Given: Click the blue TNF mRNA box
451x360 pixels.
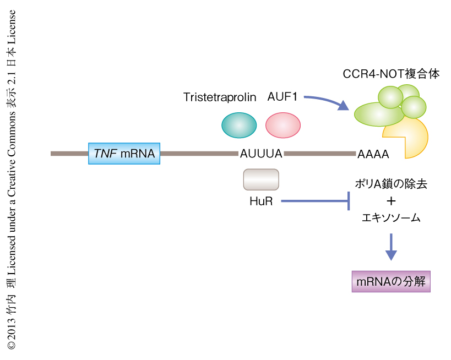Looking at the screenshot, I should (124, 153).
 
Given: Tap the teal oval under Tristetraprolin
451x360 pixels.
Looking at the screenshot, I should (238, 125).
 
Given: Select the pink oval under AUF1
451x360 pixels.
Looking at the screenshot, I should (282, 125).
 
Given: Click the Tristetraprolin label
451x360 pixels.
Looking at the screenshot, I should (220, 97).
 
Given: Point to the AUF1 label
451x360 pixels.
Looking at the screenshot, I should (282, 97).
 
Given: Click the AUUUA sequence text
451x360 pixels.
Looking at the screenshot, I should (261, 154).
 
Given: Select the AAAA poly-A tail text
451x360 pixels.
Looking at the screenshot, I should (373, 155).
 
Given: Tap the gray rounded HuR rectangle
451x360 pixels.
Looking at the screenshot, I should (261, 179).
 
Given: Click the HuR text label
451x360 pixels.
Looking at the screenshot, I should (261, 201).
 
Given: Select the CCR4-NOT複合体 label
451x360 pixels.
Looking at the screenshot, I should (391, 74).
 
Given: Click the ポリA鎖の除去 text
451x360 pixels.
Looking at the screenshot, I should (391, 184).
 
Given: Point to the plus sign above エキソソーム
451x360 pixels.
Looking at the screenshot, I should (392, 201).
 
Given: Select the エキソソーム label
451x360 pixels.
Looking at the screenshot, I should (391, 218).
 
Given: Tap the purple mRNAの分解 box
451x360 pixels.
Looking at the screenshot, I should (391, 281).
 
